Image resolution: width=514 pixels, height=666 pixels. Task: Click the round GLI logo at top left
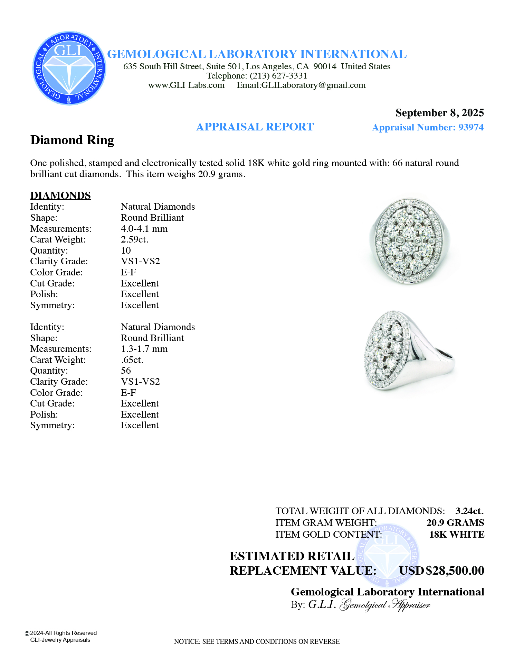click(x=69, y=68)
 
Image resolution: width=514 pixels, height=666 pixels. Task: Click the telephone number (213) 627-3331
click(x=278, y=76)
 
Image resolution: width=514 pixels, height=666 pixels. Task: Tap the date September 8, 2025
click(x=439, y=113)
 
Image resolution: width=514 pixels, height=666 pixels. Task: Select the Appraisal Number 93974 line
click(x=428, y=127)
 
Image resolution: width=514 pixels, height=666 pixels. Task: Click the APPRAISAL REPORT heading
click(x=255, y=127)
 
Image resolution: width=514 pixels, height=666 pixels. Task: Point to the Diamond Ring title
click(x=72, y=140)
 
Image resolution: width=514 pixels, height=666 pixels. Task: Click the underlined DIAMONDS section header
click(x=60, y=195)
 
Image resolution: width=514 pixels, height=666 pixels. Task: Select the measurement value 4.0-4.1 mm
click(x=144, y=229)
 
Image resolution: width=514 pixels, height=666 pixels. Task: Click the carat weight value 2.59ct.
click(x=134, y=239)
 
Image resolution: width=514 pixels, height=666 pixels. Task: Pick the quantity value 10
click(x=126, y=250)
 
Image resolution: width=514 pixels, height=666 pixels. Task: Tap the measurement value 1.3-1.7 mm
click(x=144, y=349)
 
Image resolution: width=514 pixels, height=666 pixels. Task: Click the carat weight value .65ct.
click(x=132, y=360)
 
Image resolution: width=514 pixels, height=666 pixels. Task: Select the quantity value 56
click(x=126, y=371)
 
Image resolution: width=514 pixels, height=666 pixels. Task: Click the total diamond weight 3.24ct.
click(x=469, y=511)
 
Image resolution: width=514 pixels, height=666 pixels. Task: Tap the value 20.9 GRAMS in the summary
click(x=455, y=523)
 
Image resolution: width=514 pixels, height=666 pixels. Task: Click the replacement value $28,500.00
click(x=455, y=571)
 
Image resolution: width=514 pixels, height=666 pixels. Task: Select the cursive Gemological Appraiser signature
click(x=385, y=605)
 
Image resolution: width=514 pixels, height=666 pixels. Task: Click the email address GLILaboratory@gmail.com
click(x=313, y=85)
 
